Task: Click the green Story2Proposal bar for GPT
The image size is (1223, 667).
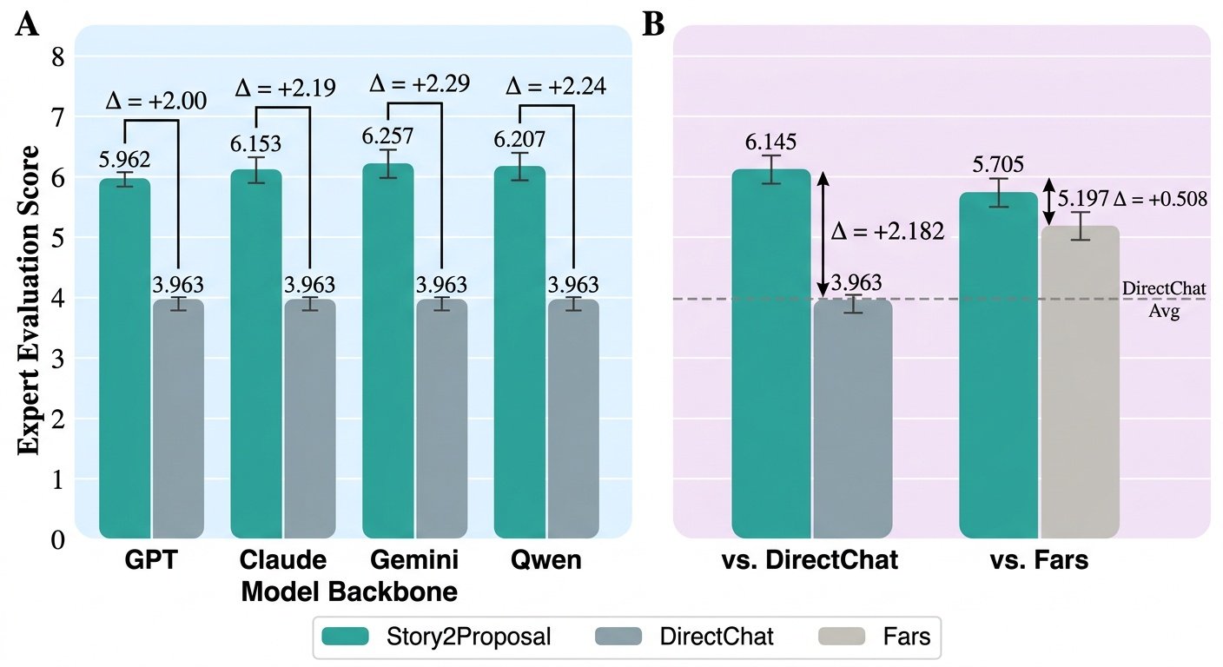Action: coord(124,358)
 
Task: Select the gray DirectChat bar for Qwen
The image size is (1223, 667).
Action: coord(573,419)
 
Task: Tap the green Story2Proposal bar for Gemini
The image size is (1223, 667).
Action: coord(388,351)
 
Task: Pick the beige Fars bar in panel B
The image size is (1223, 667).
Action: coord(1080,382)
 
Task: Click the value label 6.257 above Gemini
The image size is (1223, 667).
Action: coord(387,135)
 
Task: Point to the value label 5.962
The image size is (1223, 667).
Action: coord(124,160)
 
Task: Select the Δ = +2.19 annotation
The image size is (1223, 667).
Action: coord(285,88)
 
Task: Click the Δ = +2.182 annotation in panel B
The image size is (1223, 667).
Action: coord(888,232)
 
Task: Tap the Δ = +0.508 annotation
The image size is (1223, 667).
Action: coord(1160,199)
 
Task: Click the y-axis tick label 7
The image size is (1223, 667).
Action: coord(58,116)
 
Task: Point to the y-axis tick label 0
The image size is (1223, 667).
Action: coord(58,540)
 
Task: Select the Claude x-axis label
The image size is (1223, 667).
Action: coord(283,560)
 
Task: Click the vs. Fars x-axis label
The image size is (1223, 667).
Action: coord(1040,560)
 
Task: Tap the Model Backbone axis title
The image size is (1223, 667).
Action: coord(349,591)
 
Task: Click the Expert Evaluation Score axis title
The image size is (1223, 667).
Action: coord(29,300)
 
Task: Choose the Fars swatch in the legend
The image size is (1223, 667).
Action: coord(842,637)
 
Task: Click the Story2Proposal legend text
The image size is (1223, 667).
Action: coord(468,637)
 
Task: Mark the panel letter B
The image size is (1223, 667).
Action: coord(653,24)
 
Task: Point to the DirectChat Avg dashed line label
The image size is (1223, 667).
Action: coord(1164,300)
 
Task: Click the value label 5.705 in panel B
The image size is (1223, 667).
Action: coord(998,164)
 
